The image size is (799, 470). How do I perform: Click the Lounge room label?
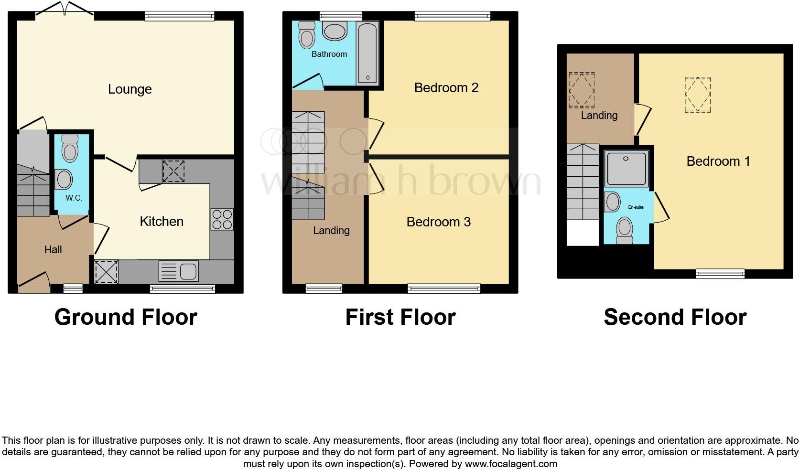pos(130,89)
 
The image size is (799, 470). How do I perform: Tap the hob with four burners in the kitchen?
pos(222,220)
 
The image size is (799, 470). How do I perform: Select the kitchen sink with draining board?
pos(179,272)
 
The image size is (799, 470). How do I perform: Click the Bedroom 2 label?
pos(446,88)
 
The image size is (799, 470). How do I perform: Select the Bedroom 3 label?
pos(438,222)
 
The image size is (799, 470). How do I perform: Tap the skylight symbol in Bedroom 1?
pos(697,95)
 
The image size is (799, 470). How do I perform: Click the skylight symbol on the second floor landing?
pos(581,90)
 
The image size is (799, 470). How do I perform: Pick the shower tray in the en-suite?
pos(626,169)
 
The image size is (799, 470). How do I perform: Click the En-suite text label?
pos(636,207)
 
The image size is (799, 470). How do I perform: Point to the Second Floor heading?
pos(675,317)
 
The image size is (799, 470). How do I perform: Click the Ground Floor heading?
pos(126,317)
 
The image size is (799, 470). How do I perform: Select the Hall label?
pos(53,250)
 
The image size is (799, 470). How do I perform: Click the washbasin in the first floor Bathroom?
pos(335,32)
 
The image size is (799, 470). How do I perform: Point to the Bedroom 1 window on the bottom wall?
pos(720,274)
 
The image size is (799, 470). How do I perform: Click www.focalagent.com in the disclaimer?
pos(511,464)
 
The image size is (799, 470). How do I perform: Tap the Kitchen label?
pos(162,222)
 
